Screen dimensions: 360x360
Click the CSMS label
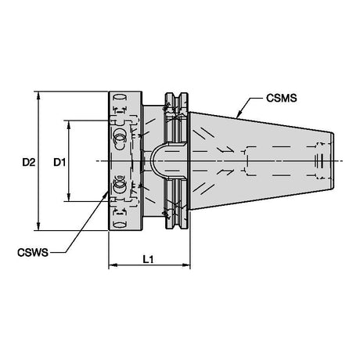point(281,98)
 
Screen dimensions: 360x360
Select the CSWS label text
point(33,253)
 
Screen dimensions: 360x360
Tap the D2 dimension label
point(28,163)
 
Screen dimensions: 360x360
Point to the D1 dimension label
point(59,163)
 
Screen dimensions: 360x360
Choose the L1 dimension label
point(148,259)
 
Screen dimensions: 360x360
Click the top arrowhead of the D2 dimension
point(38,95)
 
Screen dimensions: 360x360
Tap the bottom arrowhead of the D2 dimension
point(38,226)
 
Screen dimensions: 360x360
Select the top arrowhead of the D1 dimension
point(69,124)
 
